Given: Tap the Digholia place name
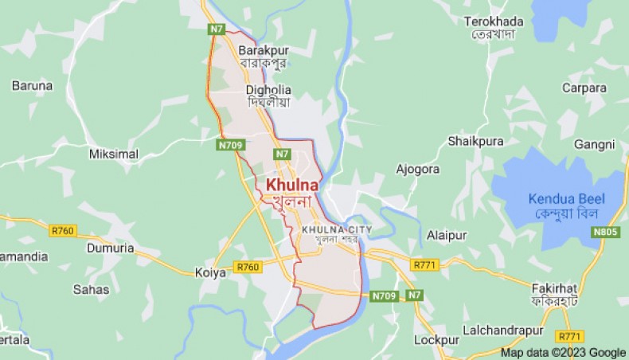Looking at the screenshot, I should click(268, 90).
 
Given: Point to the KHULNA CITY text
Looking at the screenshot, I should click(336, 230).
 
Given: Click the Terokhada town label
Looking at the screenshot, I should click(494, 21).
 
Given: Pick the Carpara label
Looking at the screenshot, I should click(584, 88).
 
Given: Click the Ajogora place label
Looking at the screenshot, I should click(418, 169).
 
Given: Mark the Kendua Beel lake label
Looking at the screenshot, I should click(566, 199).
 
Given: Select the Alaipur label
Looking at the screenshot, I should click(446, 236).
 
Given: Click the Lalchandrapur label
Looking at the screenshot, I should click(503, 330).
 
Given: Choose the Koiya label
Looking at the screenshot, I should click(211, 272).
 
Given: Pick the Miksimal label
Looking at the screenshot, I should click(113, 154).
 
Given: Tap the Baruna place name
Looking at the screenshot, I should click(32, 85).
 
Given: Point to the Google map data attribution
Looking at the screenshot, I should click(563, 353).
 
